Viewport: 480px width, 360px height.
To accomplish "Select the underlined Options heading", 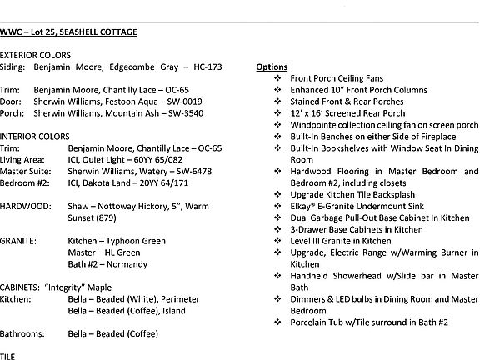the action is (272, 66).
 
